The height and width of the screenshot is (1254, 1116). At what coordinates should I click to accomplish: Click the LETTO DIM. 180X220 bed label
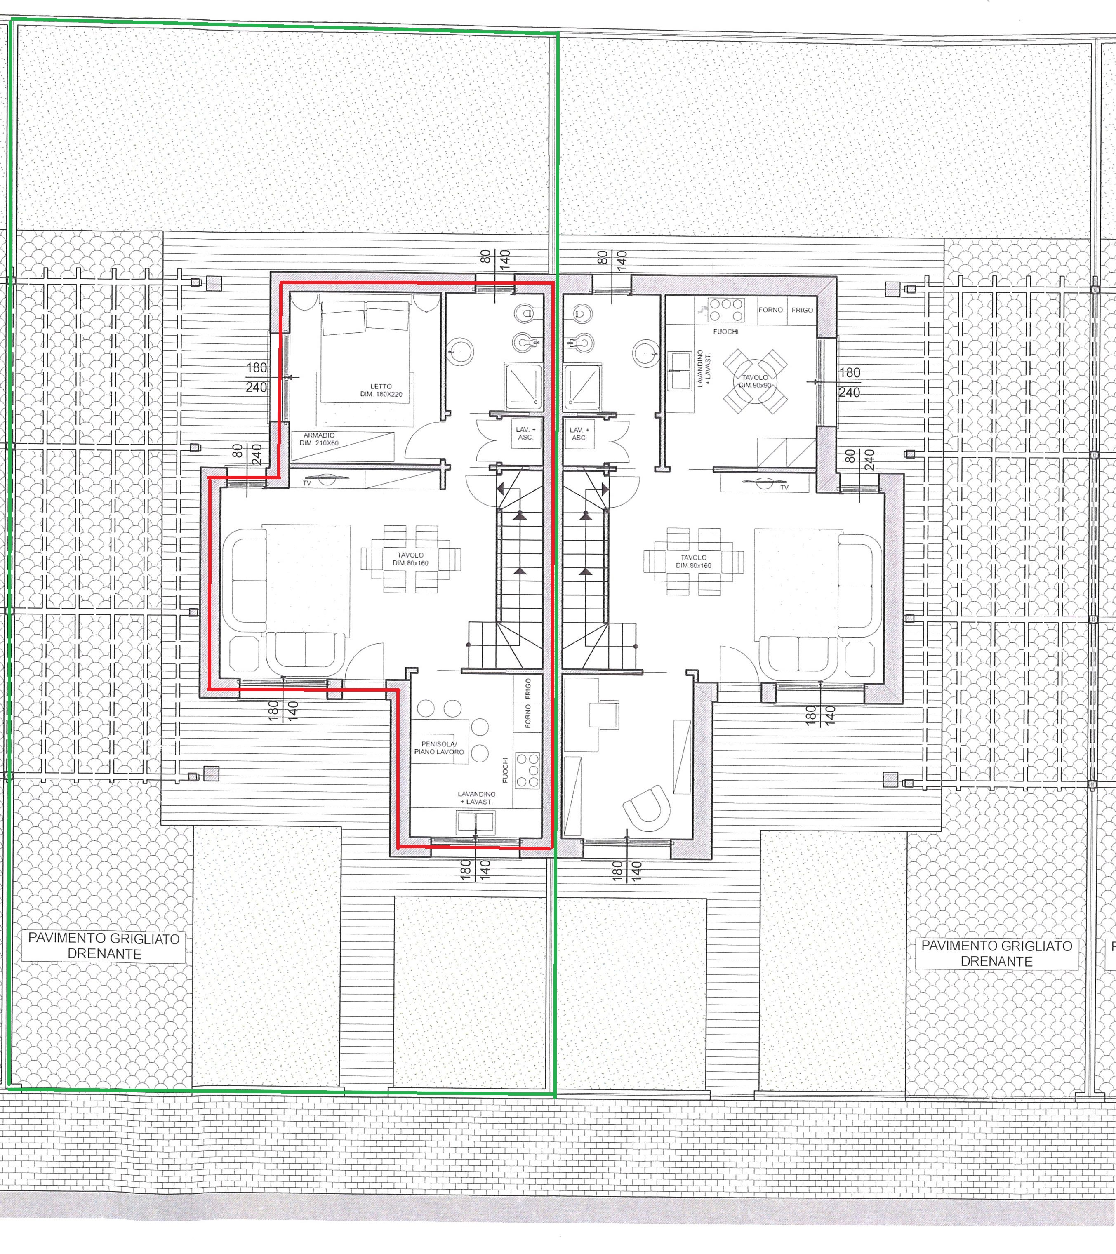pos(381,390)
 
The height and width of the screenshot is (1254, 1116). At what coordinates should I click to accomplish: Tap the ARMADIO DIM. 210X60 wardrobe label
pos(319,439)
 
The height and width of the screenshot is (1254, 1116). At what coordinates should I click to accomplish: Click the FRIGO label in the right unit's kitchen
pos(802,310)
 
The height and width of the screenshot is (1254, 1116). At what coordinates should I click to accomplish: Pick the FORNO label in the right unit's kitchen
pos(770,310)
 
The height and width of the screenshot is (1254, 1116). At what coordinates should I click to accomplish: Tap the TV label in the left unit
pos(307,483)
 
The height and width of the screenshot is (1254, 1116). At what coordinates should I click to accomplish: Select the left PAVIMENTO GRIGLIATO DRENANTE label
pos(104,946)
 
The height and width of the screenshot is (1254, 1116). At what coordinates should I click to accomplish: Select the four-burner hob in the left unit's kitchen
pos(527,770)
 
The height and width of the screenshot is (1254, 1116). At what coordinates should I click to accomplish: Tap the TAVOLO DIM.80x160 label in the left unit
pos(410,559)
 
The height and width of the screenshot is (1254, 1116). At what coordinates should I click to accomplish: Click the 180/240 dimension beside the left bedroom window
pos(257,377)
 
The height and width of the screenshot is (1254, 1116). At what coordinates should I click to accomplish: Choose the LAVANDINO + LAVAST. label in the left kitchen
pos(476,798)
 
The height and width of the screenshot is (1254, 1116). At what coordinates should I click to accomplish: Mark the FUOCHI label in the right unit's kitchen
pos(726,331)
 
